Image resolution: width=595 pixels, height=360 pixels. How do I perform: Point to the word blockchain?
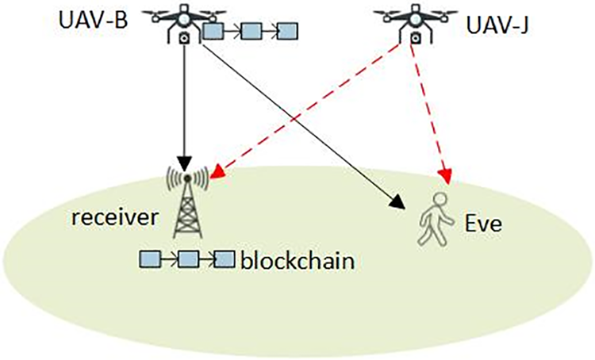pos(295,260)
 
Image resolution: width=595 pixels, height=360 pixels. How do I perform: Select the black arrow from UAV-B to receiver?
pos(185,103)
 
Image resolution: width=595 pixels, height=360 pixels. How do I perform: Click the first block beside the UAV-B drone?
pos(213,32)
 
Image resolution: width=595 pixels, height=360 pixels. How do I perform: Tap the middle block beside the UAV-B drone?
pos(251,32)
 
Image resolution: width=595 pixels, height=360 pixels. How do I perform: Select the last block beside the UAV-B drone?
pos(287,32)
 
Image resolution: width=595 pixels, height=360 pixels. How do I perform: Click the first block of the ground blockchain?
pos(148,259)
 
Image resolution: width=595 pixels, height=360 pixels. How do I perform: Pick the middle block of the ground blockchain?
pos(187,259)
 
